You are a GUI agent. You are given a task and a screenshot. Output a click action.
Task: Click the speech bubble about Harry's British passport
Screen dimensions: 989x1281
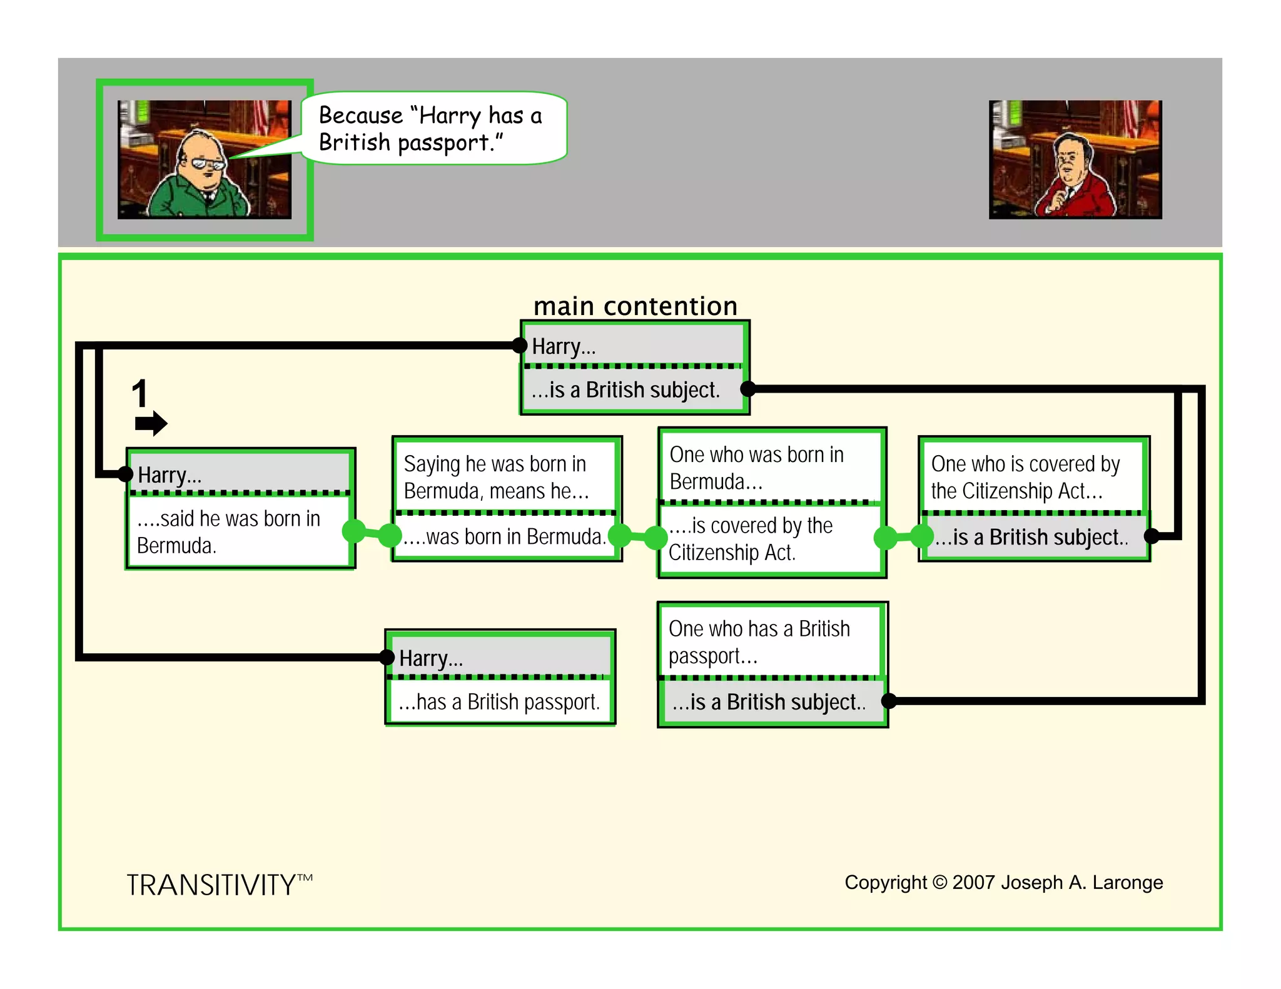pos(435,128)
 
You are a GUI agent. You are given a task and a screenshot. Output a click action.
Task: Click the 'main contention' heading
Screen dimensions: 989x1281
pos(635,306)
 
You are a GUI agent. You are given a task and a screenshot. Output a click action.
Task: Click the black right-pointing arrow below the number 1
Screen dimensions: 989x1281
pos(151,423)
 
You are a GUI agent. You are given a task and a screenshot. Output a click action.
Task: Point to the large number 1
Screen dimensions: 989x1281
pos(139,394)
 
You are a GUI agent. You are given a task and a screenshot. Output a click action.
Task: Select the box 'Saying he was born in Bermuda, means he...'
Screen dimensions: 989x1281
pos(505,477)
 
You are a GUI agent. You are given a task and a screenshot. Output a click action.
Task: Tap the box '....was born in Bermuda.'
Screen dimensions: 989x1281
pos(505,536)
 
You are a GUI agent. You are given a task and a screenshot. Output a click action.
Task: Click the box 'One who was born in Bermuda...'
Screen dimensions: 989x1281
pos(771,468)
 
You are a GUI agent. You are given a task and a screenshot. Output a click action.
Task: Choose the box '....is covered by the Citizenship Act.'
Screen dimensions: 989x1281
pos(771,539)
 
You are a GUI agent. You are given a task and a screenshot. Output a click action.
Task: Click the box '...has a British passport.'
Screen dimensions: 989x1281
pos(499,702)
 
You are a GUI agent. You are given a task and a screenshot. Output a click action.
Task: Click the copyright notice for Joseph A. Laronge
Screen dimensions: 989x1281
pos(1003,882)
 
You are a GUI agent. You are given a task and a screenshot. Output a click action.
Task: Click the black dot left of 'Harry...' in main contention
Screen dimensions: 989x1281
pos(519,345)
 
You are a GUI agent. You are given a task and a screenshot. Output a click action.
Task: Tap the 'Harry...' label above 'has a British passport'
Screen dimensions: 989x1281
pos(432,658)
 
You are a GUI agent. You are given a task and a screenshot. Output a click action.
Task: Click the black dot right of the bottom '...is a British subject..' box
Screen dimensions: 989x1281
pos(889,701)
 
